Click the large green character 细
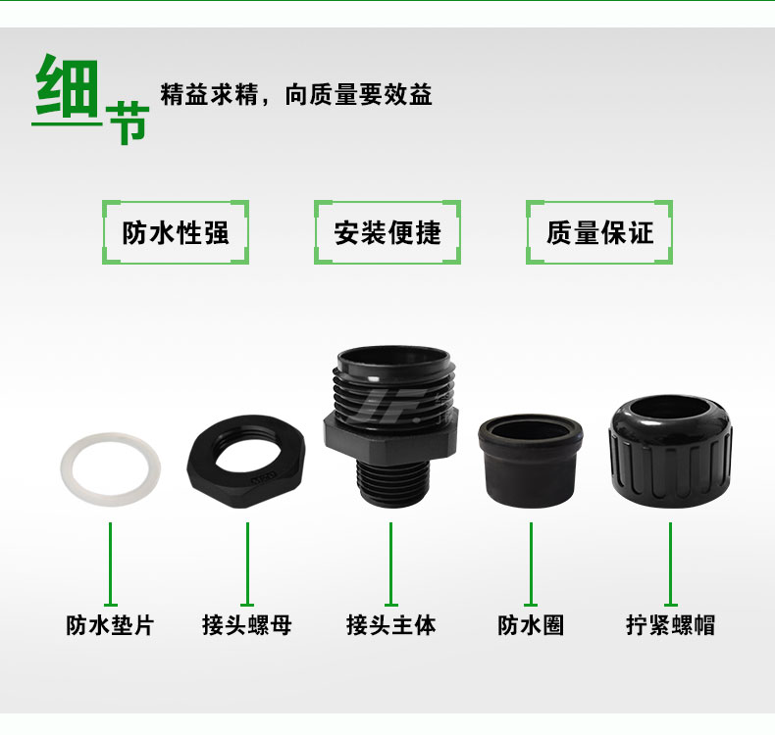pyautogui.click(x=68, y=86)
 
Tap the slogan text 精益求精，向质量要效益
pyautogui.click(x=296, y=94)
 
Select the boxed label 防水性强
pyautogui.click(x=176, y=232)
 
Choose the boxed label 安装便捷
pyautogui.click(x=387, y=232)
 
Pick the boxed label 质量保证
pyautogui.click(x=599, y=232)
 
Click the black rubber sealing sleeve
pyautogui.click(x=531, y=461)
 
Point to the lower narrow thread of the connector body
pyautogui.click(x=392, y=483)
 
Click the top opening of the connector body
pyautogui.click(x=393, y=357)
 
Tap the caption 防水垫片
pyautogui.click(x=110, y=625)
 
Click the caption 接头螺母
pyautogui.click(x=247, y=625)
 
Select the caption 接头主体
pyautogui.click(x=391, y=625)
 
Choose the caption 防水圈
pyautogui.click(x=531, y=625)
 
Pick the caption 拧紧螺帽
pyautogui.click(x=671, y=625)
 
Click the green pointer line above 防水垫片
pyautogui.click(x=110, y=564)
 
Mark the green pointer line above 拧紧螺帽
pyautogui.click(x=670, y=564)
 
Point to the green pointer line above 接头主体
pyautogui.click(x=391, y=564)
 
